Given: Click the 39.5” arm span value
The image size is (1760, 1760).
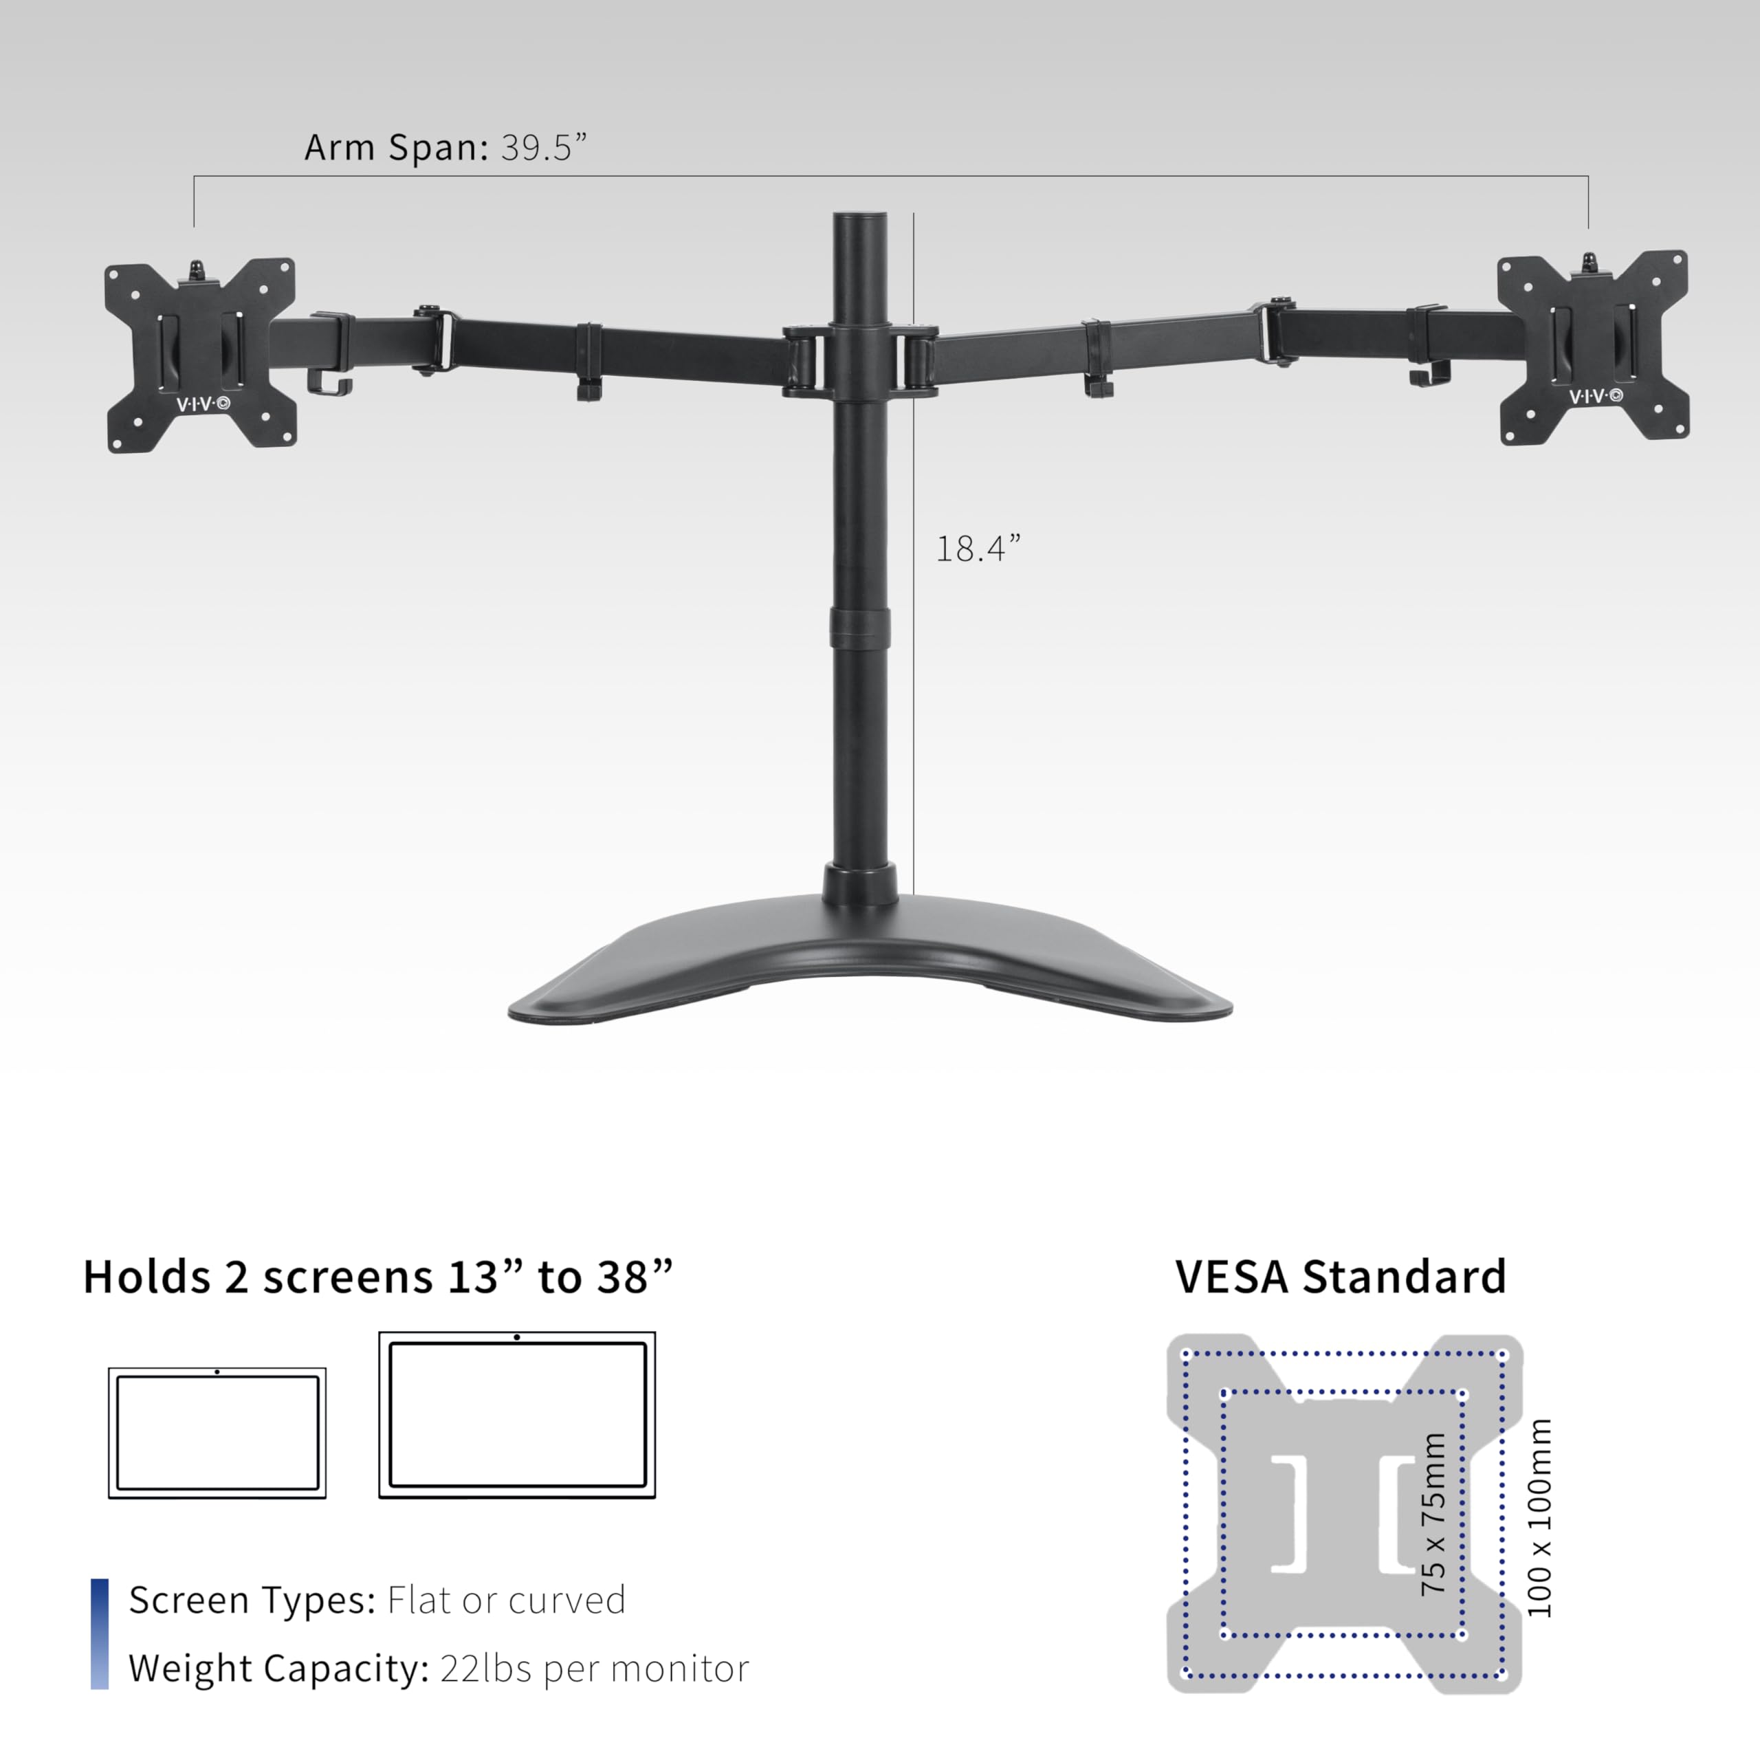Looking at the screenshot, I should click(544, 148).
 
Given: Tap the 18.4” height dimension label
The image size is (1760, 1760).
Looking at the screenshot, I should click(978, 549).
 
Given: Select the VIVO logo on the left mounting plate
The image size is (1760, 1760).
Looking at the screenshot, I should click(202, 404).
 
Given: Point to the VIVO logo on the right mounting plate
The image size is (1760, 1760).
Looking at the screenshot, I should click(1595, 395).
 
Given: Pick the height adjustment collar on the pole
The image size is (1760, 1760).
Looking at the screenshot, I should click(859, 624).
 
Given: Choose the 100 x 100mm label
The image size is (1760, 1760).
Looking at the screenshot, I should click(1539, 1517).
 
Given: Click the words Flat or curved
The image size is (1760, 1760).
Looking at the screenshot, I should click(507, 1600).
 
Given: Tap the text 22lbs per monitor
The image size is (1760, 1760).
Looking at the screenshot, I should click(594, 1668).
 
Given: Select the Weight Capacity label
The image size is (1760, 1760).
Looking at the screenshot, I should click(278, 1668).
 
